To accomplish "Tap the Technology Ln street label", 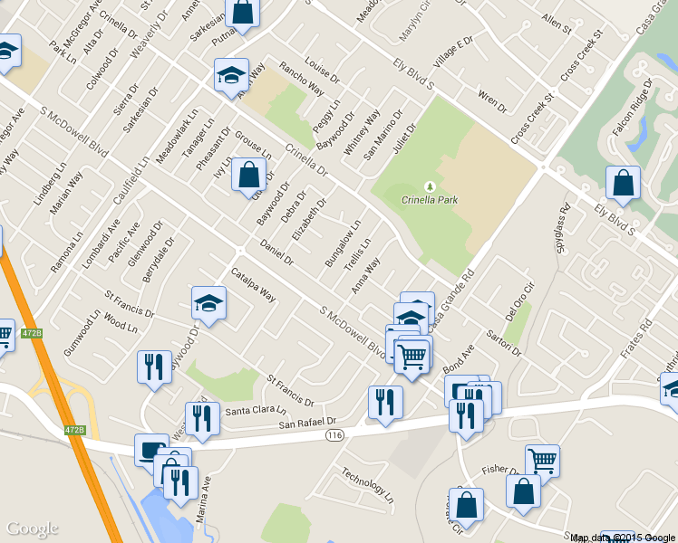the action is pos(367,485).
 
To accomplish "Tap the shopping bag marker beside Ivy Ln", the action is pos(248,175).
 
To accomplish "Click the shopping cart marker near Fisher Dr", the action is pos(542,460).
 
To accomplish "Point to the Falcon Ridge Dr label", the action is pos(632,107).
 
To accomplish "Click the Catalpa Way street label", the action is pos(253,284).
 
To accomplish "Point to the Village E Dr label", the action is pos(453,53).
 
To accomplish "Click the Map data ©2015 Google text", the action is pos(623,538).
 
